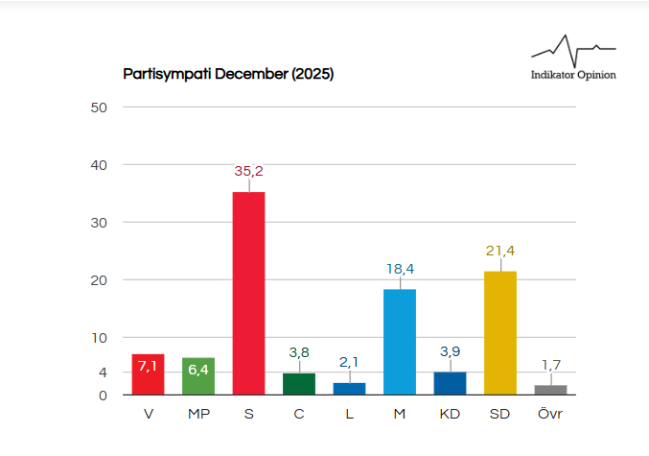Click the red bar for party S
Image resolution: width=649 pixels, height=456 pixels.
coord(248,293)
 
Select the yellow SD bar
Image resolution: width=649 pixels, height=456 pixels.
coord(500,332)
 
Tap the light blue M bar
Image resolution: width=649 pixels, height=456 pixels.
coord(400,341)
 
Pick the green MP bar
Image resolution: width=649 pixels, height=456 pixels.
coord(198,376)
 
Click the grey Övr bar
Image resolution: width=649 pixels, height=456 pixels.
coord(550,389)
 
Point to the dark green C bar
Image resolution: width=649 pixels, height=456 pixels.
coord(299,383)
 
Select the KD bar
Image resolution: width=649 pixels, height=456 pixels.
coord(450,383)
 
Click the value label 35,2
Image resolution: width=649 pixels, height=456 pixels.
coord(248,172)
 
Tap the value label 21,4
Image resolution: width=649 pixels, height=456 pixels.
coord(500,252)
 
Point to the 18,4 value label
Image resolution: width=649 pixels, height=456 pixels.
coord(400,269)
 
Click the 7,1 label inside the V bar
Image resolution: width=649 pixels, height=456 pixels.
coord(148,366)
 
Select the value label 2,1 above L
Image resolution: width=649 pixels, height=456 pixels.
coord(349,361)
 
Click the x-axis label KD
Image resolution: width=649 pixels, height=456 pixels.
coord(450,415)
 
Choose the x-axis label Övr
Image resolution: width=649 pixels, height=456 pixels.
coord(550,415)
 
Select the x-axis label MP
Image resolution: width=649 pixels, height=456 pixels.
coord(198,415)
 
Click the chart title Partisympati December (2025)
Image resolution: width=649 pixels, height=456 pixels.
coord(228,74)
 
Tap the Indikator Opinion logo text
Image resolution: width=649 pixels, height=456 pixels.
coord(573,75)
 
